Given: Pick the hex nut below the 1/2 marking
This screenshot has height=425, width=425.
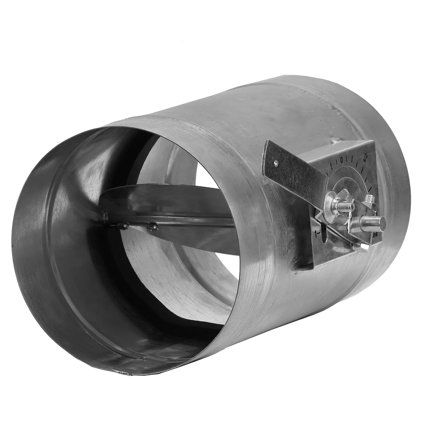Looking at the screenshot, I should click(x=370, y=201).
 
